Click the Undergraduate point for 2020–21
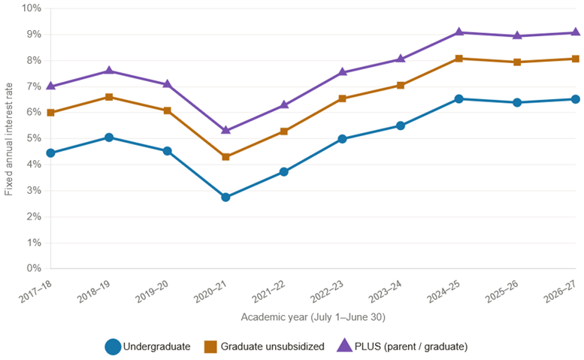coord(225,197)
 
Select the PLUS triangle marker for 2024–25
coord(458,32)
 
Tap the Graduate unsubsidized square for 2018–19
coord(109,97)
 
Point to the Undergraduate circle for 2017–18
coord(50,153)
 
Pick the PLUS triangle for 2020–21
coord(225,130)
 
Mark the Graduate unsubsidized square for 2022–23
coord(342,98)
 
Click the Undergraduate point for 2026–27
coord(576,99)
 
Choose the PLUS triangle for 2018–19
coord(109,71)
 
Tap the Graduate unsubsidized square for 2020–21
coord(225,157)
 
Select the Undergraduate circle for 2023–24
coord(401,126)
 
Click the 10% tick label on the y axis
coord(32,8)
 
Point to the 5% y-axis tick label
coord(34,138)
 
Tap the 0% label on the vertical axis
coord(34,268)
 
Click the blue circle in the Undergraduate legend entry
coord(113,346)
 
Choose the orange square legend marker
coord(210,346)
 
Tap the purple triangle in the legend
coord(344,346)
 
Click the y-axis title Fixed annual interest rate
coord(8,139)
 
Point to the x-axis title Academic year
coord(313,317)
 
